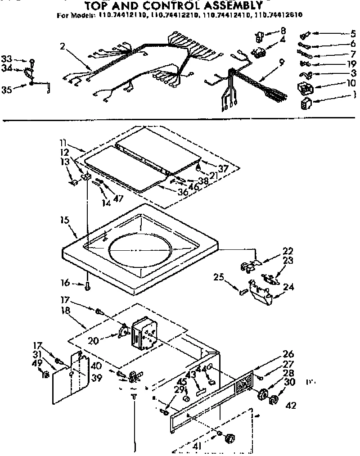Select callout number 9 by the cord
[281, 63]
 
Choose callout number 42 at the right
[291, 405]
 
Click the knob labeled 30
[273, 400]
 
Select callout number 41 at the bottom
[196, 447]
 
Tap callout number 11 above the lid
[63, 143]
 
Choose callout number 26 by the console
[288, 353]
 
